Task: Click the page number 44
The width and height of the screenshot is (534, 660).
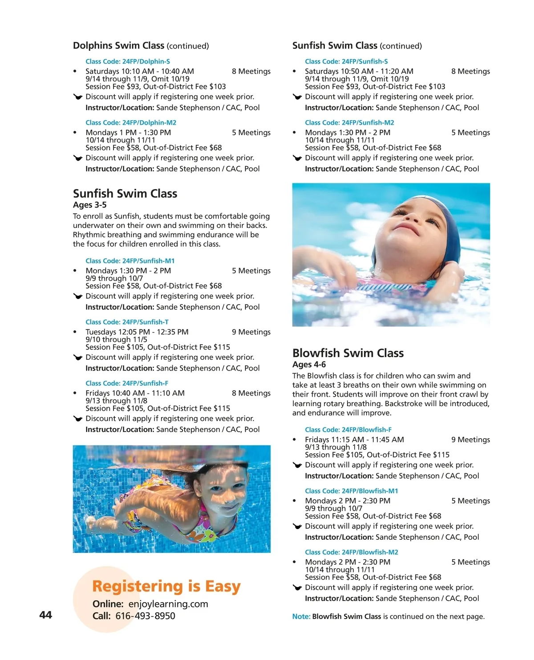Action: click(45, 615)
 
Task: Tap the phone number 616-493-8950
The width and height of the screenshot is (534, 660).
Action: click(145, 616)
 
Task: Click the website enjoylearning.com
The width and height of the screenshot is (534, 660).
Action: click(168, 604)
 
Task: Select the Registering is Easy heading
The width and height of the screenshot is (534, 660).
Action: click(166, 586)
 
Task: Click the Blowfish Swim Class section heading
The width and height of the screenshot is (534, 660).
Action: click(348, 353)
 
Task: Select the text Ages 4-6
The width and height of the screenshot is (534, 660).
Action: click(309, 364)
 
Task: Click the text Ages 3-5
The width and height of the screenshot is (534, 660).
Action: click(89, 205)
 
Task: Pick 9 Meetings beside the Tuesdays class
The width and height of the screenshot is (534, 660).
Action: click(251, 332)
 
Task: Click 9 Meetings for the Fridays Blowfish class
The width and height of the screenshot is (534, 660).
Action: click(470, 440)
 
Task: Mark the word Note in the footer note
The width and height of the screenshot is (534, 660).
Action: click(301, 617)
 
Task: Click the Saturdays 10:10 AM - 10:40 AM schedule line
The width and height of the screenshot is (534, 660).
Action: click(140, 71)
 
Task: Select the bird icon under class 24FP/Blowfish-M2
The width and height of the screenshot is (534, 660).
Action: click(297, 588)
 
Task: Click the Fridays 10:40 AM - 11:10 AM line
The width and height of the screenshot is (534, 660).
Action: click(135, 393)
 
